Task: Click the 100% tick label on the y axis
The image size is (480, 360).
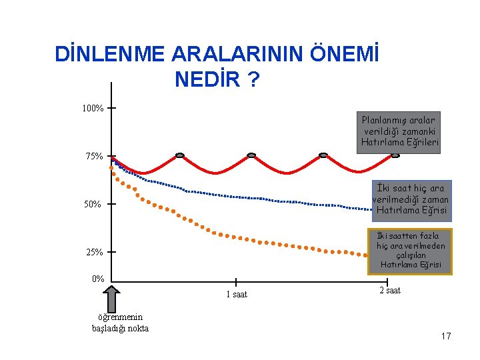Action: click(93, 108)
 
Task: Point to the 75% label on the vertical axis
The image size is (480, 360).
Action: click(94, 156)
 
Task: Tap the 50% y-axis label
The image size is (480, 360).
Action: click(93, 204)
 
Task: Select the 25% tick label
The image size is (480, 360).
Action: click(94, 252)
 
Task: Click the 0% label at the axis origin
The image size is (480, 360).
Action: click(98, 279)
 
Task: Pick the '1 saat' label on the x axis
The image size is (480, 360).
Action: click(237, 294)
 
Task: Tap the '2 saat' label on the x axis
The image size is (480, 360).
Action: click(390, 290)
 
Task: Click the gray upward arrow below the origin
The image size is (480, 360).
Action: click(111, 299)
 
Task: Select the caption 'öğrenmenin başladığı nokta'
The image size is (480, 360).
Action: click(120, 323)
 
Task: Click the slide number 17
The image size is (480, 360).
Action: click(446, 336)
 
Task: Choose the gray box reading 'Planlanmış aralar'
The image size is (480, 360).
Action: click(399, 133)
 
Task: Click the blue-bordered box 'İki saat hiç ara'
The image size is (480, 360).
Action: click(412, 201)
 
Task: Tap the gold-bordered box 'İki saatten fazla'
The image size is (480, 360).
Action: click(410, 251)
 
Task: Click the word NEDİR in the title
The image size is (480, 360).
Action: click(207, 79)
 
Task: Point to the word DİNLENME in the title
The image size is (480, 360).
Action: click(109, 53)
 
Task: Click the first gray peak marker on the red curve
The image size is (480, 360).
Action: click(180, 155)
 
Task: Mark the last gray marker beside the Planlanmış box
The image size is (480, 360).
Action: click(395, 155)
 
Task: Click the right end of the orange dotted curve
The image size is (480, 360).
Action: click(365, 255)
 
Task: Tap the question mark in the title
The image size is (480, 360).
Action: click(253, 79)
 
